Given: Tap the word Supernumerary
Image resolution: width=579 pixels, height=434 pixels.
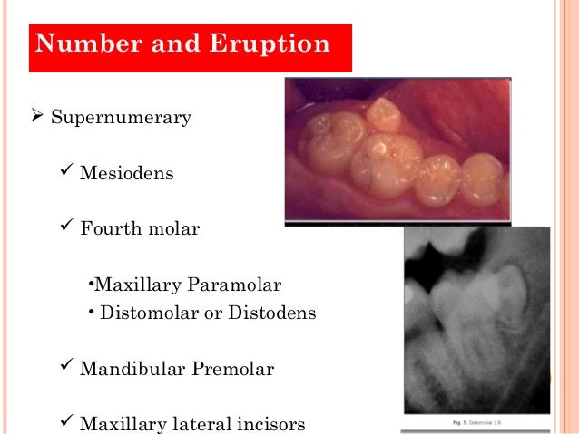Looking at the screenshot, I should coord(121,119).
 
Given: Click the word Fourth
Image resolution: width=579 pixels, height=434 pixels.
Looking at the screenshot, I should coord(109,227).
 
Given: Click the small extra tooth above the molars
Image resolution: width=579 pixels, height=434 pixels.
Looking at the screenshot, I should coord(384,114).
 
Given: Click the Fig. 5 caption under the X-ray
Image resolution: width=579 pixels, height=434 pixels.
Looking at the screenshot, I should coord(477,422).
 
